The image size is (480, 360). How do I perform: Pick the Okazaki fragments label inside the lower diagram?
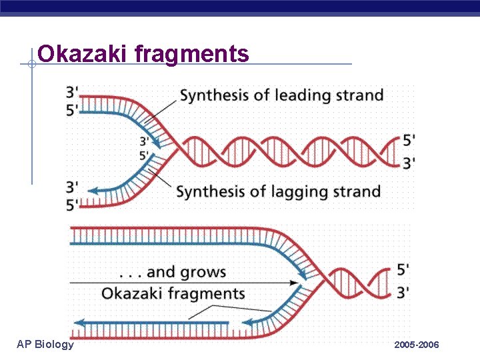(x=173, y=293)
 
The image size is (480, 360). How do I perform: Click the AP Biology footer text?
(x=45, y=344)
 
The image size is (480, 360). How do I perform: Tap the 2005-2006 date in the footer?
(x=417, y=345)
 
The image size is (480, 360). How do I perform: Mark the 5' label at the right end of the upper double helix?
(x=409, y=140)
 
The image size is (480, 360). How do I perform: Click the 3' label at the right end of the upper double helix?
(x=409, y=161)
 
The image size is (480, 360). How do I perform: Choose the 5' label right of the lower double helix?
(x=403, y=270)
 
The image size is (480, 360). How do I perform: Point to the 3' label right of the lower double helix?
(x=403, y=293)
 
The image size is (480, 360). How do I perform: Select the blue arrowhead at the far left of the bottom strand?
(x=78, y=323)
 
